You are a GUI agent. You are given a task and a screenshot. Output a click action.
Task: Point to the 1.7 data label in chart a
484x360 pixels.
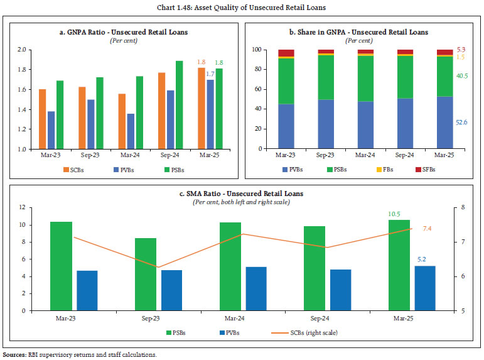point(211,74)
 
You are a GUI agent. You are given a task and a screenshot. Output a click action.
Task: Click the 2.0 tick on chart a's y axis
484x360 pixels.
point(23,50)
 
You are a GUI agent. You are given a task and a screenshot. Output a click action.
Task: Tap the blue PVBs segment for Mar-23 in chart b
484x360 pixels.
point(286,126)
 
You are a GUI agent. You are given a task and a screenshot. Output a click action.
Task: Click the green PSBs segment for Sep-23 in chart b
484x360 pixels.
point(326,77)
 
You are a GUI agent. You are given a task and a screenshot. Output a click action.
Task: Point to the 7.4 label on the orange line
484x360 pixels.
point(427,228)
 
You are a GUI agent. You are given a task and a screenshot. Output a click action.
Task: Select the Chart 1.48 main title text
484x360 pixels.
point(242,7)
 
